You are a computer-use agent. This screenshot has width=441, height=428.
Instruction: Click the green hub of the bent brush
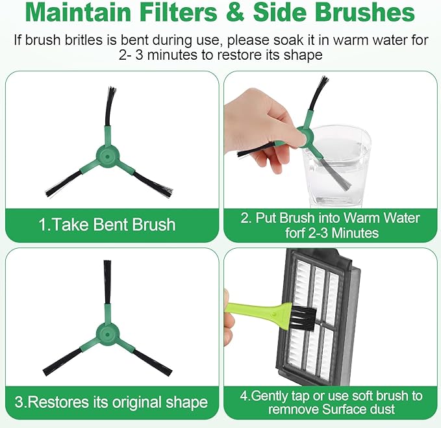click(x=108, y=155)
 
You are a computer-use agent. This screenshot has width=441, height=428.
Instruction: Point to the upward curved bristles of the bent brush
click(x=110, y=107)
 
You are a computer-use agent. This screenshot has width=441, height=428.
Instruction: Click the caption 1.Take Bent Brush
click(x=107, y=225)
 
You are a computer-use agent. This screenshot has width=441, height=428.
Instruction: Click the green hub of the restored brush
click(x=108, y=334)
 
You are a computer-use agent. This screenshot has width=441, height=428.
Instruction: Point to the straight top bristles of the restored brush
click(x=107, y=282)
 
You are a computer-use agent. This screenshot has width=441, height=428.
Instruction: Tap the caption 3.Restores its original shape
click(x=111, y=402)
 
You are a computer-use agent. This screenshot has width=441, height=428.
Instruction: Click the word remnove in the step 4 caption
click(x=293, y=409)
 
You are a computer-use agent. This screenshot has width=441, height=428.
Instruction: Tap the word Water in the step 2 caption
click(x=402, y=218)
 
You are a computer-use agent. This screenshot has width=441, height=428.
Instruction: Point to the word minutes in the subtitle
click(x=172, y=55)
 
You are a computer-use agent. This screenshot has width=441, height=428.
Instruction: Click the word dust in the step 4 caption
click(x=384, y=409)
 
